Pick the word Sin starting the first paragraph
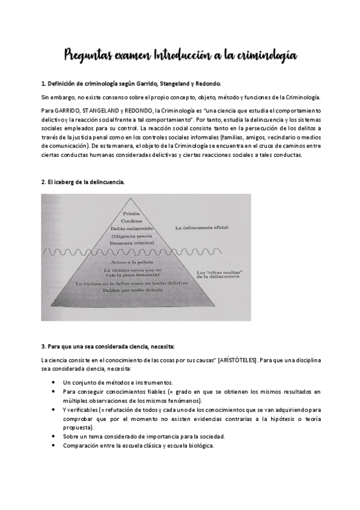(46, 97)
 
